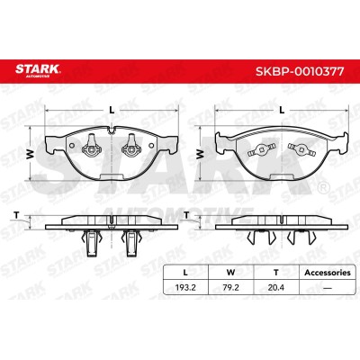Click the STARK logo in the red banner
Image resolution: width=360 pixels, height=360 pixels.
click(x=38, y=70)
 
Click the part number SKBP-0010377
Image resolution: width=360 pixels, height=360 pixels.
click(x=300, y=72)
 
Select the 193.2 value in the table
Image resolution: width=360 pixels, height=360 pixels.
click(x=185, y=288)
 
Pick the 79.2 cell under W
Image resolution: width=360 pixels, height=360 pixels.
click(x=230, y=288)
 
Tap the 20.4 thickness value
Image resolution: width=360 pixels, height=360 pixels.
click(x=276, y=288)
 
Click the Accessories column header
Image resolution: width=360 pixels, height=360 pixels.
click(x=328, y=273)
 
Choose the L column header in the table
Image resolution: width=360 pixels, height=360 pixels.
click(x=185, y=273)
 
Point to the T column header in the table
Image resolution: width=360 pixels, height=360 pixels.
click(x=276, y=273)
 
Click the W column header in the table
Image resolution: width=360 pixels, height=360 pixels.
click(x=230, y=273)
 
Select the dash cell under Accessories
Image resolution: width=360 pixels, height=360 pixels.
click(x=328, y=288)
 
